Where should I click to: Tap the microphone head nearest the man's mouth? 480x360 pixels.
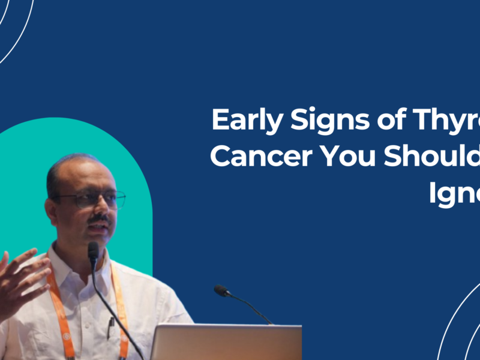93,248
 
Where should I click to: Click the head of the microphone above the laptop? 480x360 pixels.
222,290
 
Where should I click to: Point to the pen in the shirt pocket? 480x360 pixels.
112,327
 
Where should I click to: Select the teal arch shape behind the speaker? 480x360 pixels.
120,150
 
